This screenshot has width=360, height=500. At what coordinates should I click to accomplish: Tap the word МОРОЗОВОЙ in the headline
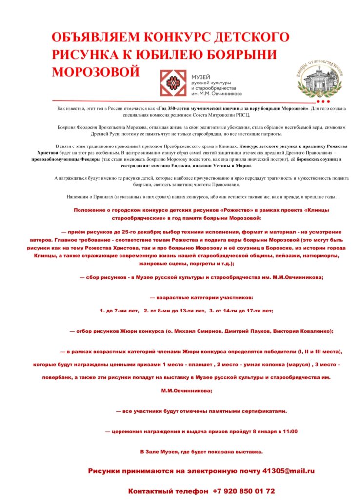tap(95, 71)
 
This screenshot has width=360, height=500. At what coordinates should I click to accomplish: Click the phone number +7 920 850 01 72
tap(244, 490)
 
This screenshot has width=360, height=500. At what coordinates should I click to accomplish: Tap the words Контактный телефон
tap(169, 490)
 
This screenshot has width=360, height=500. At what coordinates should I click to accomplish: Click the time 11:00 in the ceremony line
tap(289, 431)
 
